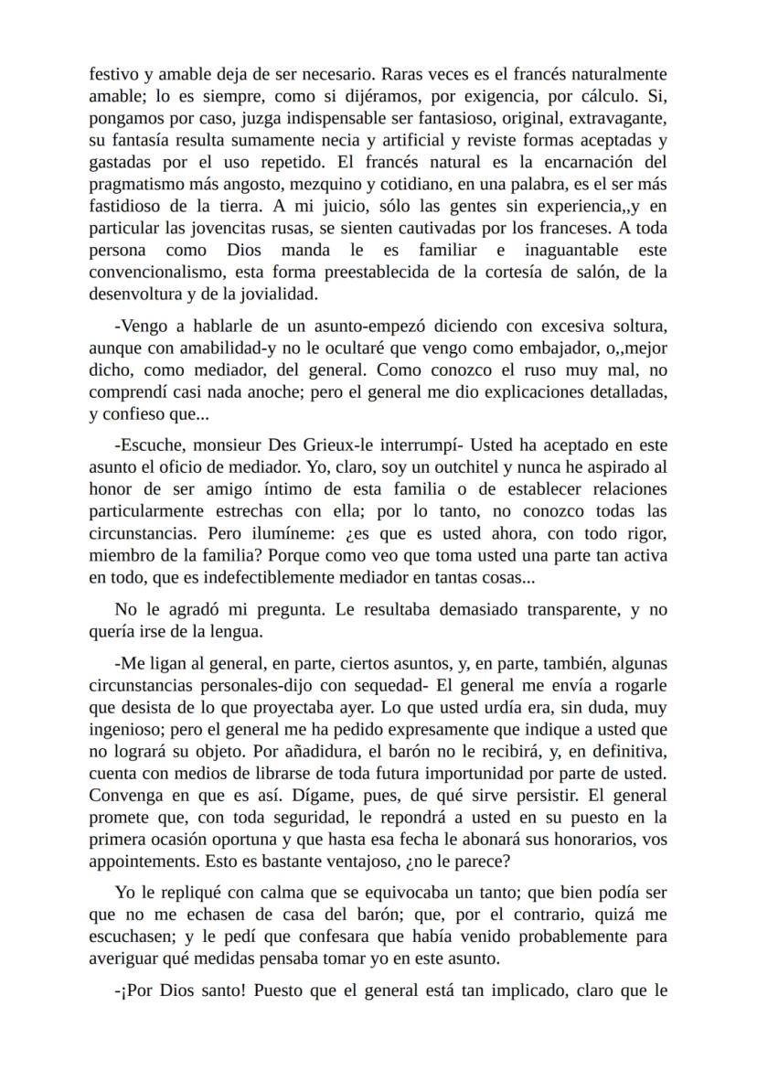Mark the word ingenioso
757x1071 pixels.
(127, 729)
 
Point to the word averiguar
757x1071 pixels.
(123, 958)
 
